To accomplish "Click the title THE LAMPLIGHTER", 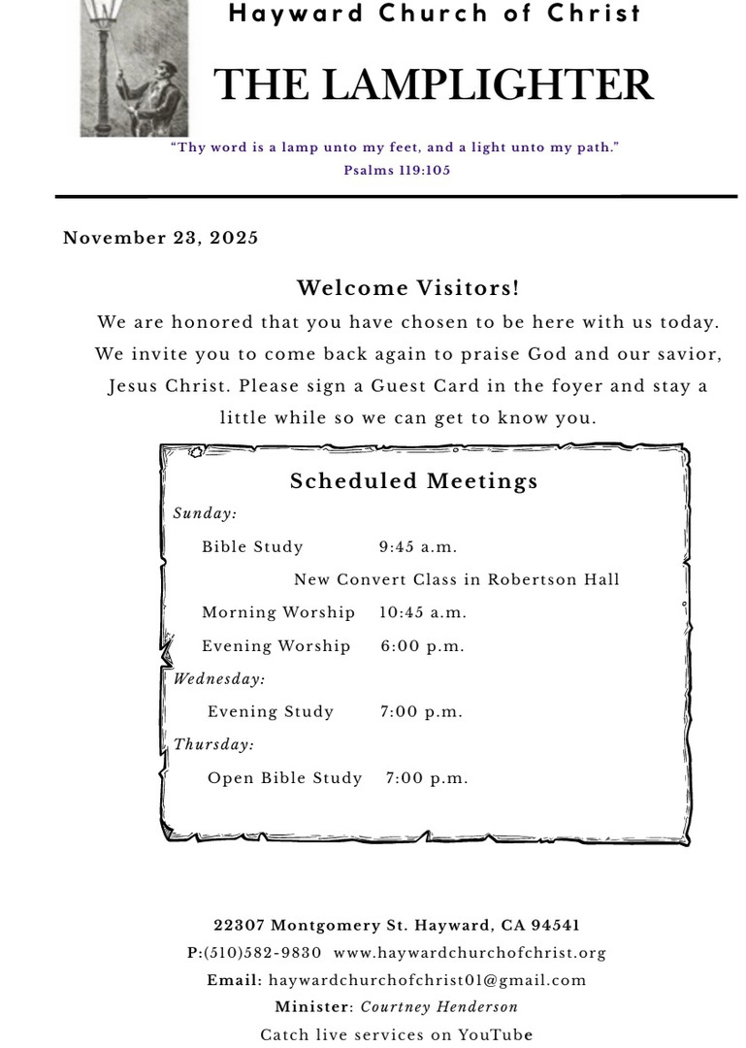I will point(433,85).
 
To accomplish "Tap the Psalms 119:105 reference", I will point(397,170).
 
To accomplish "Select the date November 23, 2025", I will point(161,239).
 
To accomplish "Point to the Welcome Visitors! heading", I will point(407,288).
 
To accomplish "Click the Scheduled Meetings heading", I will point(414,481).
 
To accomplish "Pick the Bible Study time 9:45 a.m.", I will point(418,547).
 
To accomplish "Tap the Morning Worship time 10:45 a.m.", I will point(423,613).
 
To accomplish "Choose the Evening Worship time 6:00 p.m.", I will point(422,646).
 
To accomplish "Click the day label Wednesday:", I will point(219,679).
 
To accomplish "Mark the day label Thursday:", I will point(213,745).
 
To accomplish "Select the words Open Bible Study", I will point(284,778).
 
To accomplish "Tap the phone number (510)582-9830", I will point(262,953).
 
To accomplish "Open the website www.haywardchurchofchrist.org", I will point(470,953).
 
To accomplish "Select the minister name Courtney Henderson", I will point(439,1007).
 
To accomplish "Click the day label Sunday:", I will point(205,514).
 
